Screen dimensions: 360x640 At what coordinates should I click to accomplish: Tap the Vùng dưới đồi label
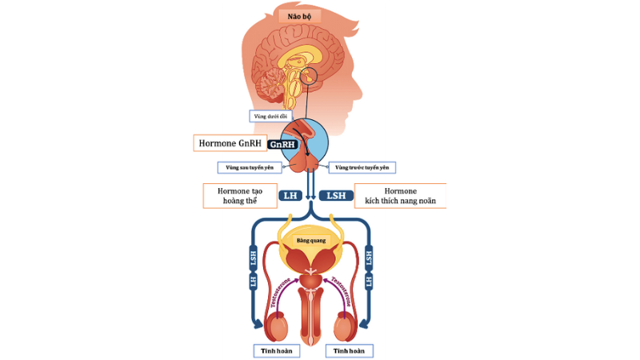pos(270,116)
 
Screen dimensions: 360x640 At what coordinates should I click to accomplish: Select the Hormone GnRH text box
pos(229,143)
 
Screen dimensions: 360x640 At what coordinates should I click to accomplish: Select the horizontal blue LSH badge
pos(335,195)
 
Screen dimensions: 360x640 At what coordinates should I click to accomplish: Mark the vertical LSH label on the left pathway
pos(252,258)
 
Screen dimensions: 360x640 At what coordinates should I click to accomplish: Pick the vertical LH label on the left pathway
pos(252,282)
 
